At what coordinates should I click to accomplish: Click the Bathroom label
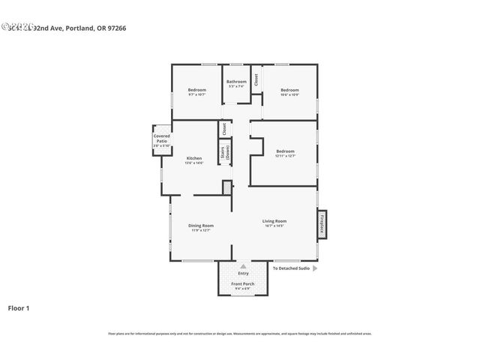237,81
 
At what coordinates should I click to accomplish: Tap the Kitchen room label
194,158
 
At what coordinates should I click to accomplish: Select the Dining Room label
201,226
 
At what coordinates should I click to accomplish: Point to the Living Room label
274,221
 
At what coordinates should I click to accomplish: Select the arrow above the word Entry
242,266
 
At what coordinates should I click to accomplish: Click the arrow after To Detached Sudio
314,268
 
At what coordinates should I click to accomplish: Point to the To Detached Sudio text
290,268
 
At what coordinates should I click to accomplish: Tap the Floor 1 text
19,307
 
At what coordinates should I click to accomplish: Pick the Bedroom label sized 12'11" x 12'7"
285,151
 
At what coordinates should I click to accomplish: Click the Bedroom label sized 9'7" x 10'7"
196,91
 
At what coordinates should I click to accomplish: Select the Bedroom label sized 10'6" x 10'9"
289,91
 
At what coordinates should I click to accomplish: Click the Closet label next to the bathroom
256,78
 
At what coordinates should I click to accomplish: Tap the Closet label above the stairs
224,128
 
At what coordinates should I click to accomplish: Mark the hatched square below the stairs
226,187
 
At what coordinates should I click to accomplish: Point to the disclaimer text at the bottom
240,334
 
